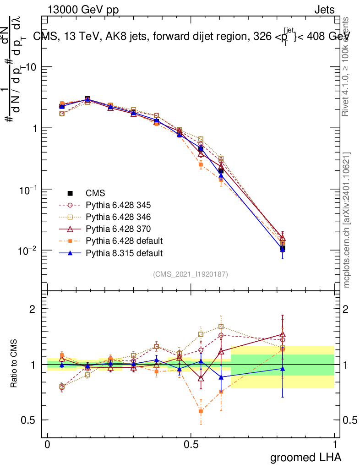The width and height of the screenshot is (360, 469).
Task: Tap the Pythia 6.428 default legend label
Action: (x=124, y=240)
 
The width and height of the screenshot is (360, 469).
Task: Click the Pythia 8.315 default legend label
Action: (x=124, y=252)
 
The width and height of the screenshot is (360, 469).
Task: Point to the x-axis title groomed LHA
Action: (x=305, y=457)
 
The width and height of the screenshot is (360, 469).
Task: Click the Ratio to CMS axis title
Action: (x=14, y=364)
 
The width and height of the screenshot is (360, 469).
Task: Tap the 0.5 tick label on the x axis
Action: (x=191, y=444)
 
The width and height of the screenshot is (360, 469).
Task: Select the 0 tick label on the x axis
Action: (x=48, y=444)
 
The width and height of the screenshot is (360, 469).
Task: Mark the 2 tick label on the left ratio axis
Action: (x=33, y=309)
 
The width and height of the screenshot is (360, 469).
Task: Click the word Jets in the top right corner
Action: (x=324, y=10)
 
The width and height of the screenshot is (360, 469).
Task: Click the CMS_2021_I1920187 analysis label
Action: (x=191, y=274)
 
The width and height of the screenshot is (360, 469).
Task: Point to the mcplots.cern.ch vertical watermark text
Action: (x=347, y=220)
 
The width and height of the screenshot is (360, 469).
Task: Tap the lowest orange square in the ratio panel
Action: (x=201, y=411)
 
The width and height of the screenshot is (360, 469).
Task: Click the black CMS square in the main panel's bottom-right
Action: (x=283, y=248)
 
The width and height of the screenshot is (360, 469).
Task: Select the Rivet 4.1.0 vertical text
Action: (x=347, y=66)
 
